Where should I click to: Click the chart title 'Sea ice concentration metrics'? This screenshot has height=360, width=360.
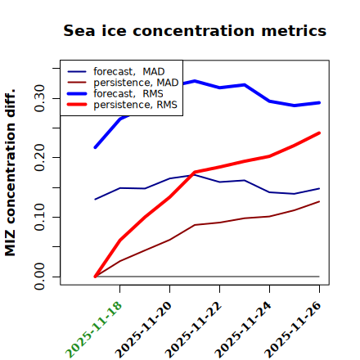click(x=195, y=30)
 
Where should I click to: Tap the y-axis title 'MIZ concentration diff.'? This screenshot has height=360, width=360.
click(x=10, y=173)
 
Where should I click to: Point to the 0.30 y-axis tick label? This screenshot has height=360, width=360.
click(x=39, y=98)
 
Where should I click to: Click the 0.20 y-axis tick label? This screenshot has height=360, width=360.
click(x=39, y=158)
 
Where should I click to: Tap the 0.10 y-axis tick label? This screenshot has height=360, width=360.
click(x=39, y=217)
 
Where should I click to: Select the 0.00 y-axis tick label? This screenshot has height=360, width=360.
click(x=39, y=277)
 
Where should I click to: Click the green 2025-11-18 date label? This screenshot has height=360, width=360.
click(x=94, y=330)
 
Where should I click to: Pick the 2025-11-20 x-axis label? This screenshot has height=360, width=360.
click(x=144, y=330)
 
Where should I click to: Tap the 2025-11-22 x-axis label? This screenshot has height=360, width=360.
click(x=194, y=330)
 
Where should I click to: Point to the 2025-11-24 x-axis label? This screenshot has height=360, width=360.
click(x=244, y=330)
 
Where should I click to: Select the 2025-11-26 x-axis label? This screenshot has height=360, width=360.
click(x=294, y=330)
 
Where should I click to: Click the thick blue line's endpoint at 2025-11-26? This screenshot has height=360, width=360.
click(x=319, y=103)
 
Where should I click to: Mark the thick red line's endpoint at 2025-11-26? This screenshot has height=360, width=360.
click(x=319, y=133)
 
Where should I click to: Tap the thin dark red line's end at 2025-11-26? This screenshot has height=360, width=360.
click(x=319, y=201)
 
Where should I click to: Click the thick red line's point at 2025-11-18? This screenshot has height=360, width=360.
click(x=120, y=240)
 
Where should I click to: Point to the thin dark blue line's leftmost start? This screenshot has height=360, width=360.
click(x=95, y=200)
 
